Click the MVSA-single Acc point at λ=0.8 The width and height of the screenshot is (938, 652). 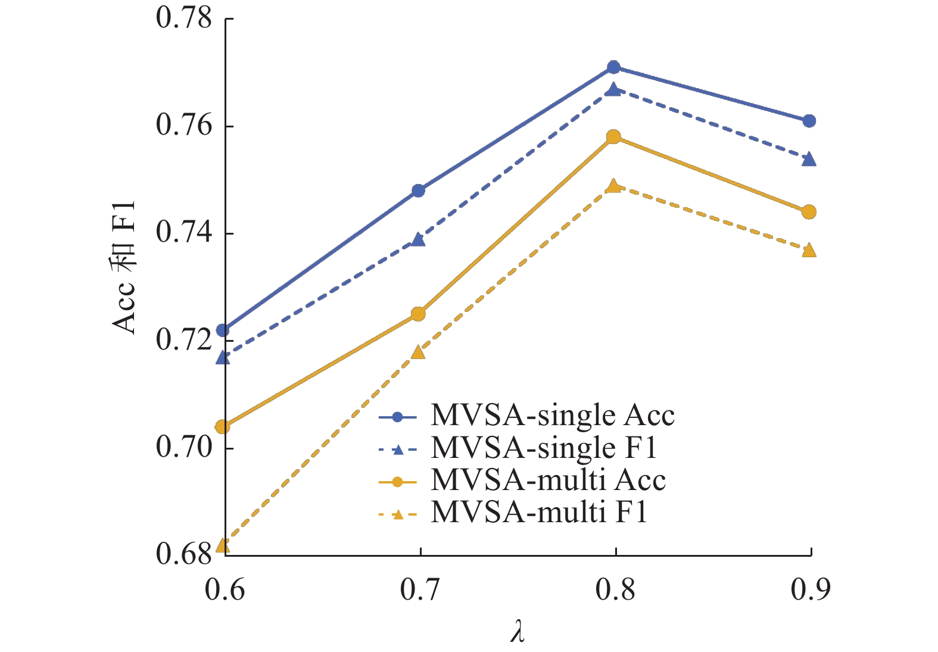[613, 67]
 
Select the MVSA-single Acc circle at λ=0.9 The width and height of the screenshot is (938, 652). [809, 121]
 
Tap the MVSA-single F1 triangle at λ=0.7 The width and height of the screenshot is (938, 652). [418, 239]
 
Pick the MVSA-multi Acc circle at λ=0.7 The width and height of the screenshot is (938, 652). [418, 314]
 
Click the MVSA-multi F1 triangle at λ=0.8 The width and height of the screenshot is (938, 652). [613, 186]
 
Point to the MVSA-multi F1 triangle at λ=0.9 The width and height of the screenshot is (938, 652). [809, 250]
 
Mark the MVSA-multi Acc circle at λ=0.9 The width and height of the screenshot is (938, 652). [809, 212]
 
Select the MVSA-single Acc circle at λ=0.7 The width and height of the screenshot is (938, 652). [418, 191]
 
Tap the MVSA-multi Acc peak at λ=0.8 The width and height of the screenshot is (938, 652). [613, 137]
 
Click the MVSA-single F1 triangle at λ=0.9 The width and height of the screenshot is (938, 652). [809, 159]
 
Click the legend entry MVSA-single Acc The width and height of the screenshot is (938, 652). [552, 416]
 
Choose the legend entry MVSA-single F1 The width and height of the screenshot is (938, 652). [543, 448]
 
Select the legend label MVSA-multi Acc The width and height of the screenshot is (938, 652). [548, 480]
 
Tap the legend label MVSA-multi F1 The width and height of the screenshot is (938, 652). [539, 512]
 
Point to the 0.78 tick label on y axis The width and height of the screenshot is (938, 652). [184, 18]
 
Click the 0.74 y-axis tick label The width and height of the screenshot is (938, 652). [184, 233]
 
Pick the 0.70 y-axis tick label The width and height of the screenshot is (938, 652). [184, 447]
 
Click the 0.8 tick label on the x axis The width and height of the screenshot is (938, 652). [615, 590]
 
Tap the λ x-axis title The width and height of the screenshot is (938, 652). [518, 632]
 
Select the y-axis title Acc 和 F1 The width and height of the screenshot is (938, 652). [124, 268]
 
